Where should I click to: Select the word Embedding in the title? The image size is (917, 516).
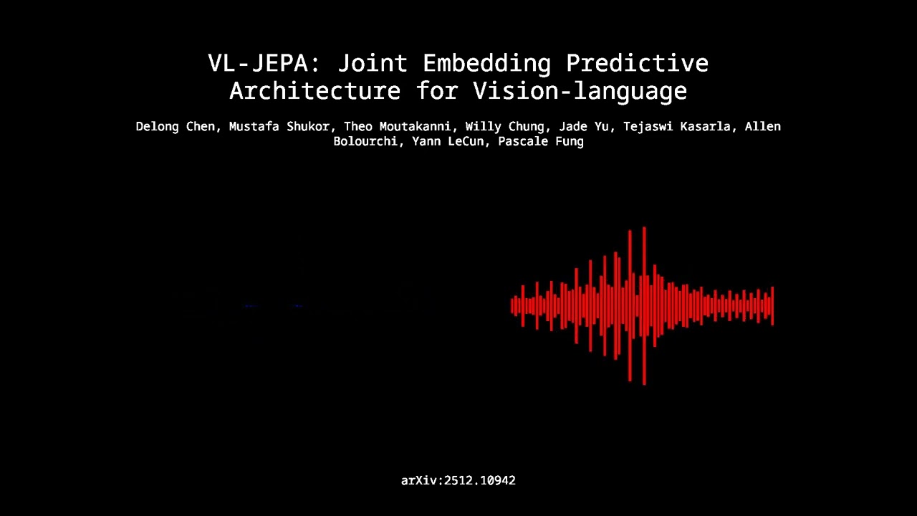[x=486, y=63]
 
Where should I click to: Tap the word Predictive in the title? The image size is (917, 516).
[x=637, y=63]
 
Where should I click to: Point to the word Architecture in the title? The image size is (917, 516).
[x=315, y=91]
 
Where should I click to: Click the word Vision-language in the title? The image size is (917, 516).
[x=580, y=91]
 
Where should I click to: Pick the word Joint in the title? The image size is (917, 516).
[x=372, y=63]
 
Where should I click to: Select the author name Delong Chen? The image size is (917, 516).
[x=175, y=127]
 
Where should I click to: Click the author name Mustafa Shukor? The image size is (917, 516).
[x=279, y=127]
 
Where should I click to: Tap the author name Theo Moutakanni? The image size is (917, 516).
[x=397, y=127]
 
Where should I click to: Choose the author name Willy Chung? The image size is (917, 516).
[x=504, y=127]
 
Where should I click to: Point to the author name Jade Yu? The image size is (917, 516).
[x=583, y=127]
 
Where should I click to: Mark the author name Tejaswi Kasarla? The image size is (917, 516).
[x=680, y=127]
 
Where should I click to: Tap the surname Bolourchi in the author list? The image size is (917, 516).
[x=365, y=142]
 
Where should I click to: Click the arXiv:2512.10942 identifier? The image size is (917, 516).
[x=458, y=481]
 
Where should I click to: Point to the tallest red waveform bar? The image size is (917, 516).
[x=644, y=306]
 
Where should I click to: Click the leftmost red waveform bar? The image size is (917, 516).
[x=512, y=306]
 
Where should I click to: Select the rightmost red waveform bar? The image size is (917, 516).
[x=772, y=306]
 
